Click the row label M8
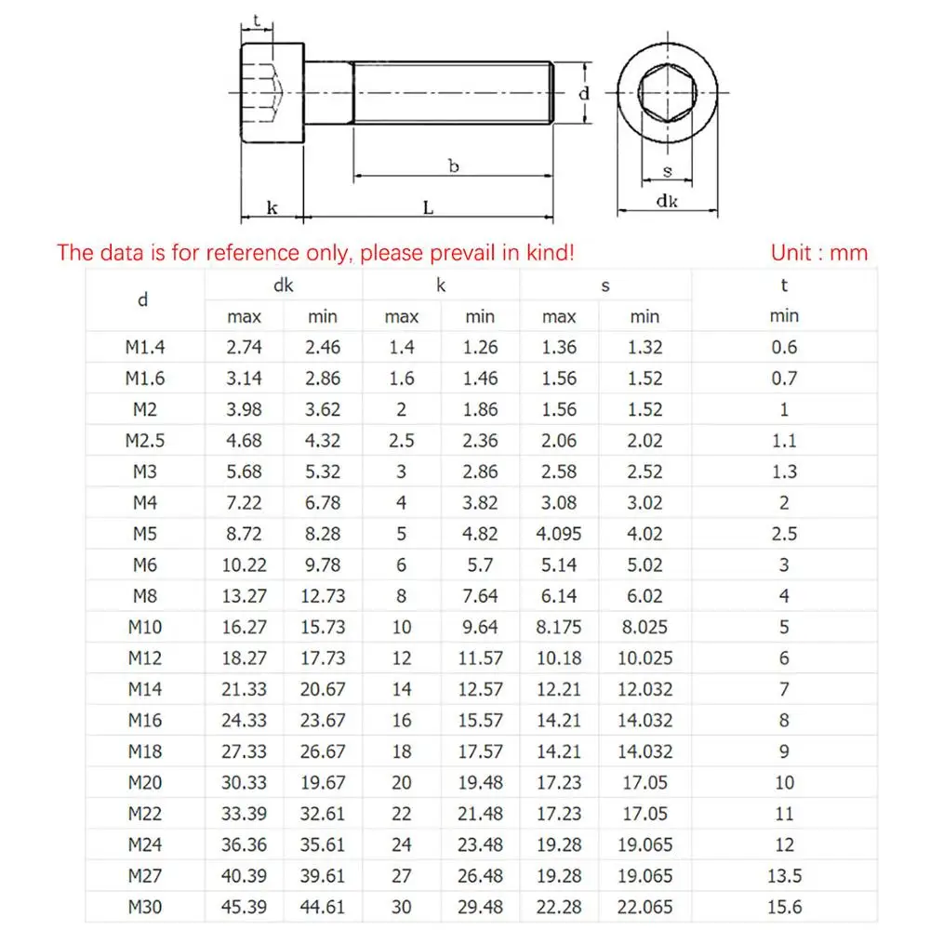[144, 595]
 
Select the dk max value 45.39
[245, 907]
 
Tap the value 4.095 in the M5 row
[559, 534]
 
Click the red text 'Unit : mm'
[818, 252]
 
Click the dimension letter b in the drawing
[453, 167]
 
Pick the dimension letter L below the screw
[428, 208]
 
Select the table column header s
[605, 286]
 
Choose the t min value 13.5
[784, 875]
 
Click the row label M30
[144, 907]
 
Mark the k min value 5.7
[480, 565]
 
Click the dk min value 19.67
[324, 782]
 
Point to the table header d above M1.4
[142, 300]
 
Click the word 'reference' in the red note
[247, 252]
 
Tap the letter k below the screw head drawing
[272, 208]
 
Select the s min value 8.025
[644, 627]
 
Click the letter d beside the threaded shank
[584, 94]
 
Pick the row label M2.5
[144, 440]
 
